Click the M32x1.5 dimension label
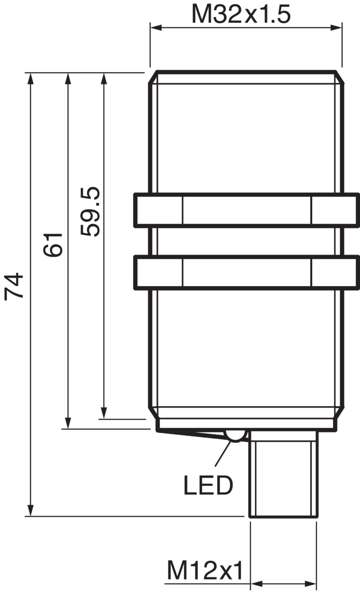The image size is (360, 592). click(x=241, y=14)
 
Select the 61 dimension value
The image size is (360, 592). click(x=53, y=245)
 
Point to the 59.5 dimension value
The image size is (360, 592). click(x=90, y=211)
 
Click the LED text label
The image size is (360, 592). click(x=208, y=485)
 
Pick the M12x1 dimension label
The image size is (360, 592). click(x=205, y=570)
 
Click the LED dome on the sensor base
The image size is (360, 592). click(x=235, y=436)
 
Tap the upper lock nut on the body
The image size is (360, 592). click(x=246, y=210)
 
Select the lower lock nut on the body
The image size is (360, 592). click(x=246, y=273)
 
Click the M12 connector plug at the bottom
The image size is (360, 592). click(x=283, y=474)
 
